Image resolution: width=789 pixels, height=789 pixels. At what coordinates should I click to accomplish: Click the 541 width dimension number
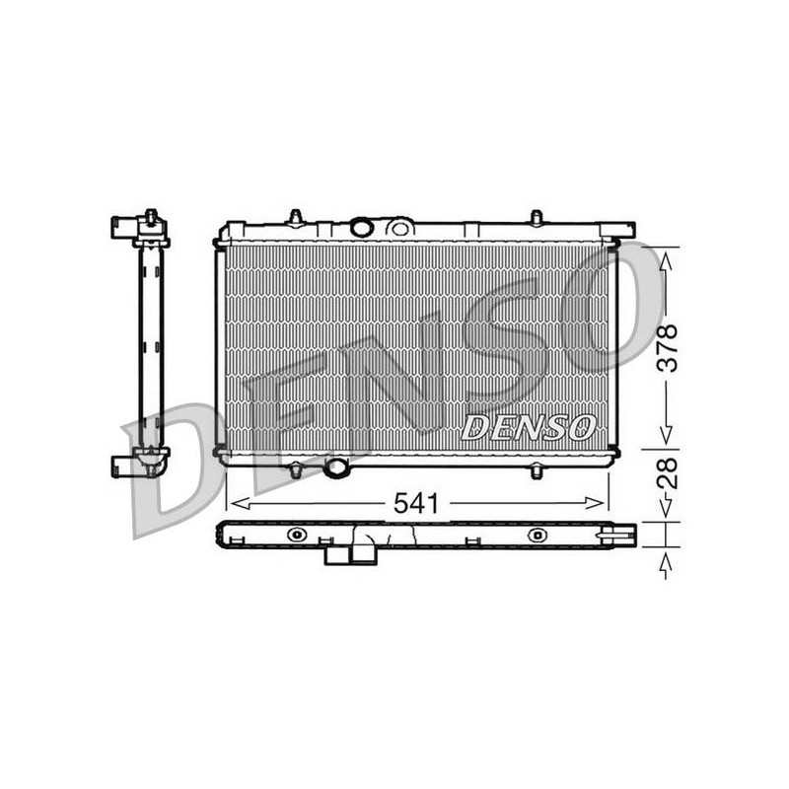click(416, 503)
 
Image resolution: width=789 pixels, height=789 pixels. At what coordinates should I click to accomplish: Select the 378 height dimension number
click(668, 348)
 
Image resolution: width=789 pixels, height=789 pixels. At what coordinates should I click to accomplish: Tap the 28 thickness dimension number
click(668, 472)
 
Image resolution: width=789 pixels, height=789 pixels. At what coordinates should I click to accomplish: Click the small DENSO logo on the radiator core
click(529, 428)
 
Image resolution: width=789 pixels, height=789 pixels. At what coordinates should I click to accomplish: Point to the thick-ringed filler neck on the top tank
click(362, 228)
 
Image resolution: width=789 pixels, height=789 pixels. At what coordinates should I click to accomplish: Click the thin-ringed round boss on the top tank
click(400, 229)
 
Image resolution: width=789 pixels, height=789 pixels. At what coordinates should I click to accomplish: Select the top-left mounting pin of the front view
click(295, 217)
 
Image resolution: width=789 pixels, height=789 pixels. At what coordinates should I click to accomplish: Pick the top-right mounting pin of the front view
click(537, 217)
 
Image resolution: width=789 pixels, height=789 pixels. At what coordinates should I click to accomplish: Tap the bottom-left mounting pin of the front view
click(295, 472)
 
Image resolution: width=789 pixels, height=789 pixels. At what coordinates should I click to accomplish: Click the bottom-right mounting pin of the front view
click(537, 472)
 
